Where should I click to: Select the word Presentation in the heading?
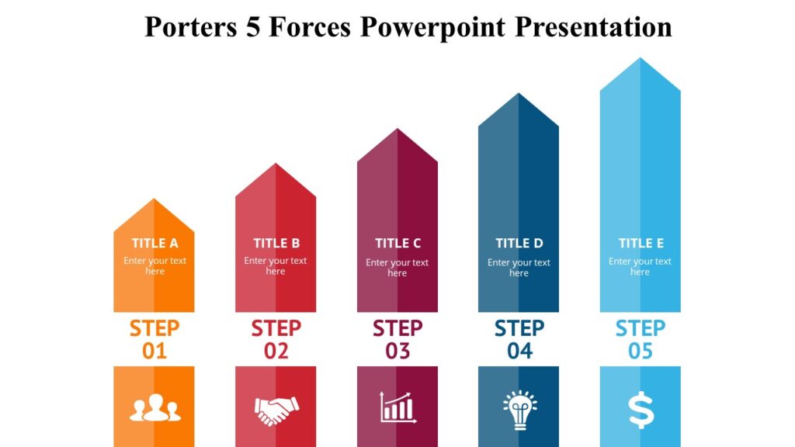pyautogui.click(x=594, y=27)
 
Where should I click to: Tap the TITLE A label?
pyautogui.click(x=154, y=244)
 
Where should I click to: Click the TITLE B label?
pyautogui.click(x=276, y=244)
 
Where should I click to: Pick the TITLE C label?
pyautogui.click(x=397, y=244)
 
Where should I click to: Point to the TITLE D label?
pyautogui.click(x=519, y=244)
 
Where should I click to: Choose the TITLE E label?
pyautogui.click(x=641, y=244)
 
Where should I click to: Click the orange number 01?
pyautogui.click(x=154, y=352)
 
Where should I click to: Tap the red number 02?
pyautogui.click(x=276, y=352)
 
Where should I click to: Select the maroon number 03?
pyautogui.click(x=397, y=352)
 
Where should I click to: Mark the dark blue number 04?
pyautogui.click(x=519, y=352)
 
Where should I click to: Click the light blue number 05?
pyautogui.click(x=641, y=352)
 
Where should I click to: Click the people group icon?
pyautogui.click(x=154, y=408)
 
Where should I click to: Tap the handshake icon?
pyautogui.click(x=276, y=409)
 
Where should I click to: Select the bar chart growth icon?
pyautogui.click(x=397, y=407)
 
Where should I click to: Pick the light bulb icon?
pyautogui.click(x=519, y=409)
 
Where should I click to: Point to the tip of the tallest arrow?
pyautogui.click(x=641, y=59)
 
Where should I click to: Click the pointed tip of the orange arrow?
pyautogui.click(x=154, y=200)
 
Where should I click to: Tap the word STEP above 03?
pyautogui.click(x=397, y=328)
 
